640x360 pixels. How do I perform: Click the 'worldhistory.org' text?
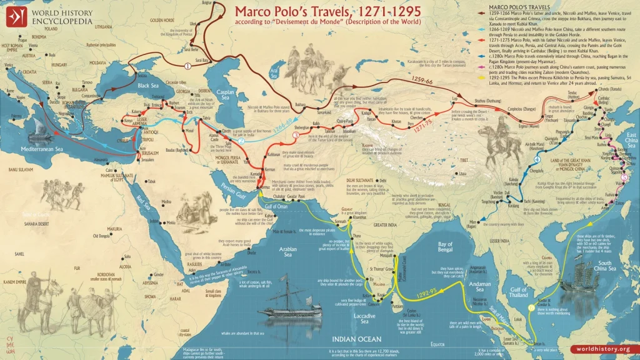[x=604, y=349]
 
